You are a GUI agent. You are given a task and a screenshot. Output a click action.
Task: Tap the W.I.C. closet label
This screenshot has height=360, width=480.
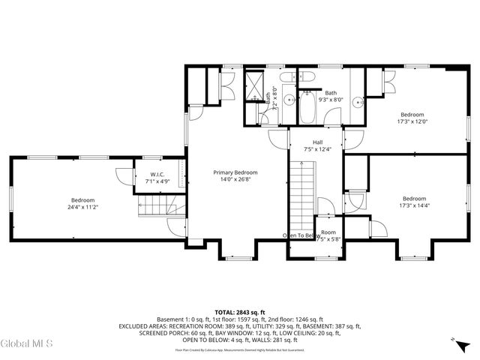pyautogui.click(x=147, y=175)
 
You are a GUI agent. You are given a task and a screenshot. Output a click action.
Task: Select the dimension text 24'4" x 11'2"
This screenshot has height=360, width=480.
pyautogui.click(x=82, y=207)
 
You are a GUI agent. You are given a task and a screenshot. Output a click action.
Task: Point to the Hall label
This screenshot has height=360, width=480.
pyautogui.click(x=317, y=142)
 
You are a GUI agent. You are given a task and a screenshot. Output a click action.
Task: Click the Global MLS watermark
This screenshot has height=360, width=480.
pyautogui.click(x=27, y=344)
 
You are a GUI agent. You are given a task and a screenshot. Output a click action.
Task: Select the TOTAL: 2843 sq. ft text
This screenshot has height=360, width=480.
pyautogui.click(x=240, y=312)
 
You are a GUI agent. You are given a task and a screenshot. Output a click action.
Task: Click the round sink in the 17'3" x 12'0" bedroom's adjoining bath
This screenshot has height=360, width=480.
pyautogui.click(x=360, y=102)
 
